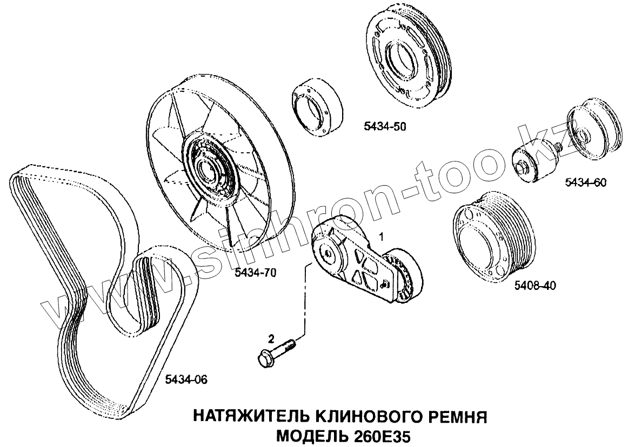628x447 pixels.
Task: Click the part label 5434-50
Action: tap(384, 127)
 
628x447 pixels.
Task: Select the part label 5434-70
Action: tap(256, 273)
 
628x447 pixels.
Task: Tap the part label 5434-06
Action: tap(185, 380)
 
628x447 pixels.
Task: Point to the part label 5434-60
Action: tap(586, 182)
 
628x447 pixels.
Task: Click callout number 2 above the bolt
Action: tap(271, 338)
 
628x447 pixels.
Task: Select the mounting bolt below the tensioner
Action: tap(276, 353)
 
